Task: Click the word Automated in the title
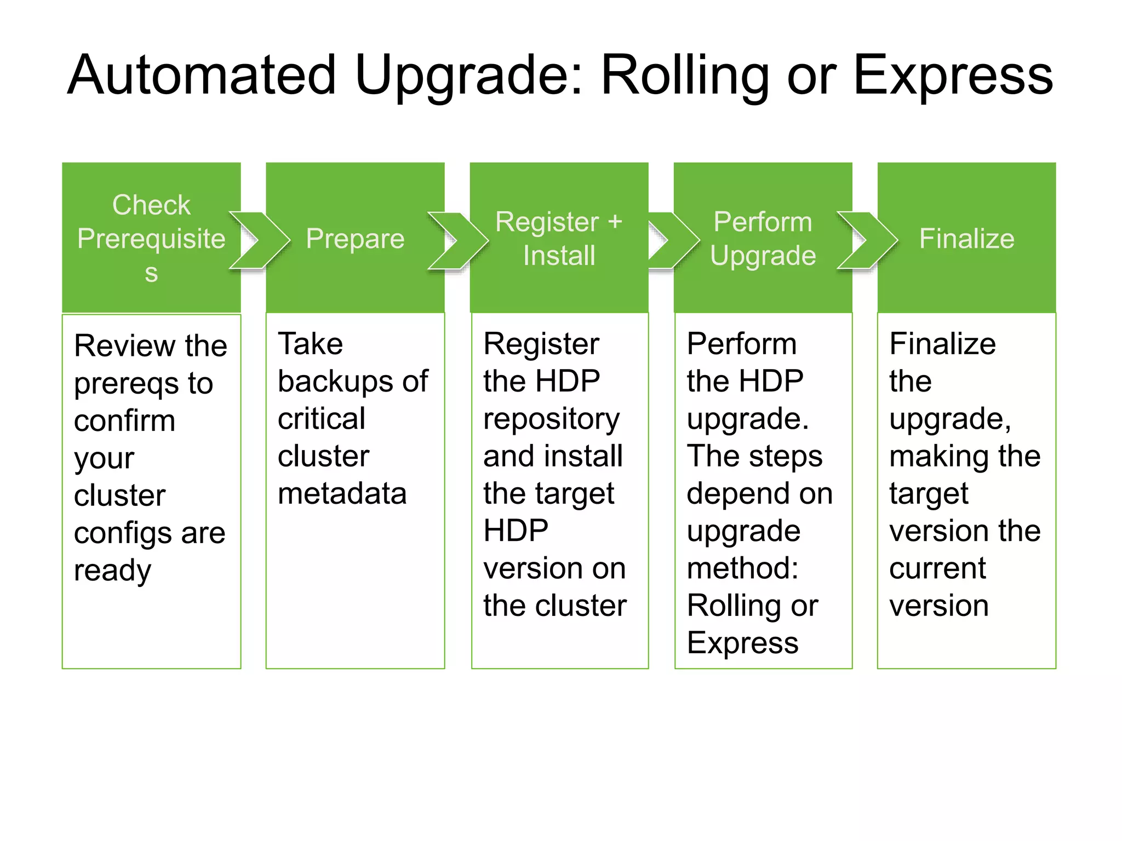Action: coord(201,75)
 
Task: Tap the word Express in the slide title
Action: coord(953,75)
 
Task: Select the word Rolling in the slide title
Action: coord(685,75)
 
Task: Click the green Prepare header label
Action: coord(355,239)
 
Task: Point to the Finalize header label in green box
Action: coord(966,239)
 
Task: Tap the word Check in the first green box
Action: coord(151,205)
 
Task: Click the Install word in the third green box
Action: coord(559,256)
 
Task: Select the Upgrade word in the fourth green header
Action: coord(763,256)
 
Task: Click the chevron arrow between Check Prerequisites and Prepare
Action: coord(260,240)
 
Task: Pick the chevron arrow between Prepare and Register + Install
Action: coord(458,240)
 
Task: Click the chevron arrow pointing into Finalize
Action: coord(868,240)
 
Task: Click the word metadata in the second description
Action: coord(342,493)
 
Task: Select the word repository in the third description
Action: coord(551,419)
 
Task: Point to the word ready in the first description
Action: coord(112,571)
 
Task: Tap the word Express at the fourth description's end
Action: coord(742,643)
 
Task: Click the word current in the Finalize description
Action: coord(937,568)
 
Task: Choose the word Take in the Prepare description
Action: coord(310,344)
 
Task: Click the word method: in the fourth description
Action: coord(742,568)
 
